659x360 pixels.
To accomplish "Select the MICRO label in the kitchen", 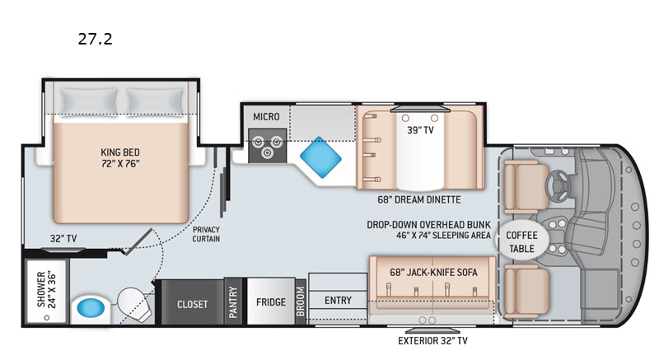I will pyautogui.click(x=266, y=117).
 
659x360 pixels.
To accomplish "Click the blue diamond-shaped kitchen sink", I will pyautogui.click(x=320, y=153).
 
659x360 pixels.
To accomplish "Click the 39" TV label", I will pyautogui.click(x=419, y=129).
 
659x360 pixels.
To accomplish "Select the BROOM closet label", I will pyautogui.click(x=300, y=302).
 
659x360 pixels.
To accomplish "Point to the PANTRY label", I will pyautogui.click(x=234, y=303).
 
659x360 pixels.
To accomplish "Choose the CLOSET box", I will pyautogui.click(x=193, y=304).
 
